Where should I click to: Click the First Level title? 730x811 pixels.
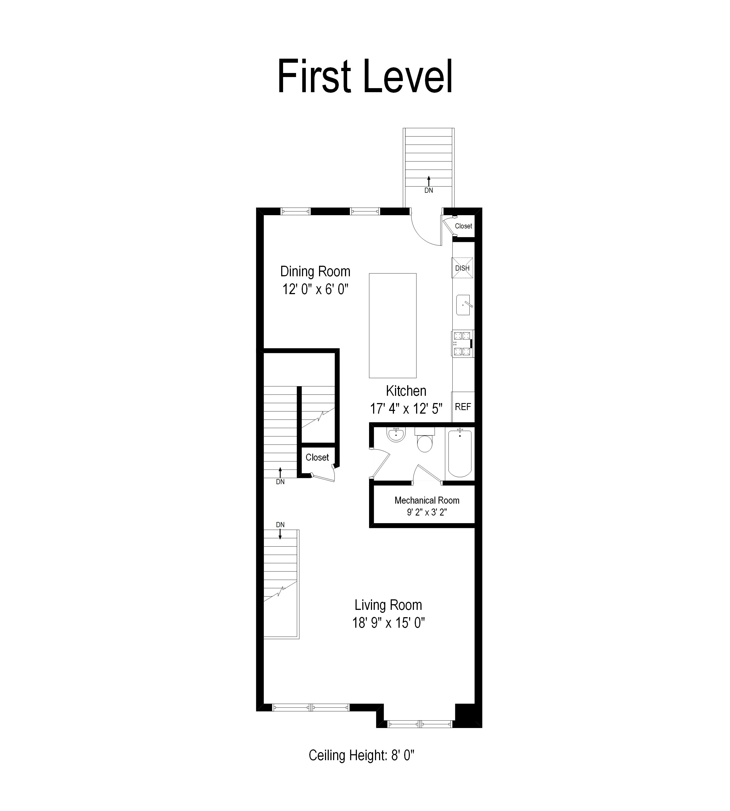[365, 76]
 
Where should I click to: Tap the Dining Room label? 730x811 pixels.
[315, 271]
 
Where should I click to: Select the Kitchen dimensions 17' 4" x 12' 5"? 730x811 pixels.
[406, 409]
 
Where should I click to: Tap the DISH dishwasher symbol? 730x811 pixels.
[462, 268]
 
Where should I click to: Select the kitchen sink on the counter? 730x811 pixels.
[463, 305]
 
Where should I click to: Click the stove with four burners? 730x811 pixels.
[462, 343]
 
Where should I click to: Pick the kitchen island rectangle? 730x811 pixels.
[393, 325]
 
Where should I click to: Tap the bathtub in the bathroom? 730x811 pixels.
[460, 453]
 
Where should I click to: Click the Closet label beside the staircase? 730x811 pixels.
[317, 457]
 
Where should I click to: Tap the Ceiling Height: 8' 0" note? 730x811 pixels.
[361, 755]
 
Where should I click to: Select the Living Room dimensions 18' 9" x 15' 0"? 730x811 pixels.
[388, 623]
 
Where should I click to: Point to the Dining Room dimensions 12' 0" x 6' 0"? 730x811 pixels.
[315, 289]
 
